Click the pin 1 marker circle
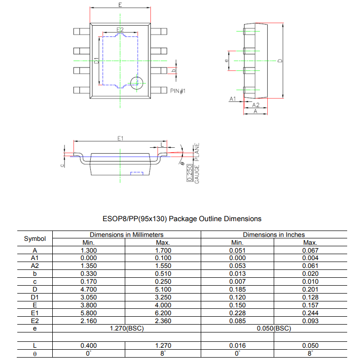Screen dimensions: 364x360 point(136,83)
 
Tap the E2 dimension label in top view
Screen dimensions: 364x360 point(120,31)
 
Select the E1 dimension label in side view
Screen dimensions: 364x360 point(120,138)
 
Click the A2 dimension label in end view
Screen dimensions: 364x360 point(255,105)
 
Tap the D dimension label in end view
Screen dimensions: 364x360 point(280,61)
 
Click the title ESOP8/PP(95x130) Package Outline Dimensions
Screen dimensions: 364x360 point(181,218)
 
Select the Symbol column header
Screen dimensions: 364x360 point(35,239)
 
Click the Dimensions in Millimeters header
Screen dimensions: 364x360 point(126,235)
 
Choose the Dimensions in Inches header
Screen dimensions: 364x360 point(274,235)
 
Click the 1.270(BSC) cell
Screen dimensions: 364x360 point(126,328)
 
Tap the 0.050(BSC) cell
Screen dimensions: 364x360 point(274,328)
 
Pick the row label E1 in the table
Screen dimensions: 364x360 point(35,313)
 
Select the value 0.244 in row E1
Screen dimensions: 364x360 point(310,313)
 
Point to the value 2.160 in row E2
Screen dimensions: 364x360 point(89,321)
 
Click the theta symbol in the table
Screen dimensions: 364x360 point(35,353)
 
